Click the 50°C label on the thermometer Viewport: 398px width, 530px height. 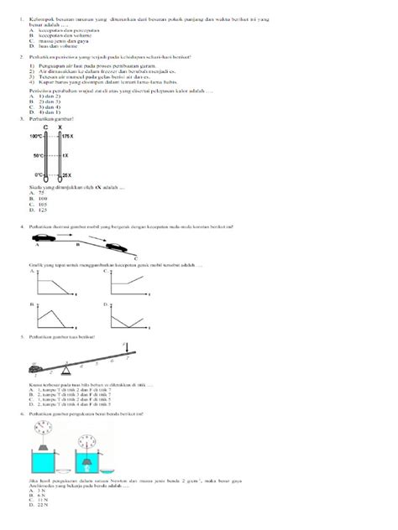pyautogui.click(x=38, y=156)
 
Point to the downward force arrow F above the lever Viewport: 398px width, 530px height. pyautogui.click(x=126, y=346)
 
